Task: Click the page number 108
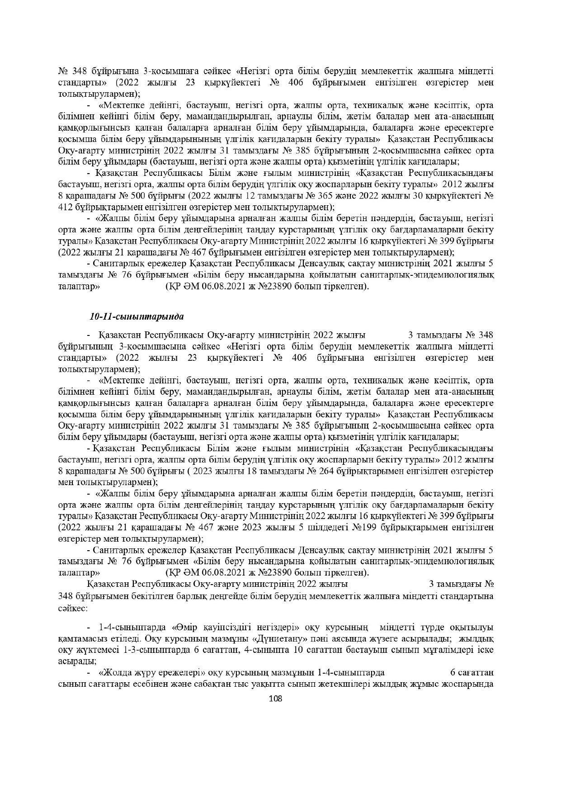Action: pyautogui.click(x=275, y=699)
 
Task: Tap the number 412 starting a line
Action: pyautogui.click(x=66, y=207)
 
